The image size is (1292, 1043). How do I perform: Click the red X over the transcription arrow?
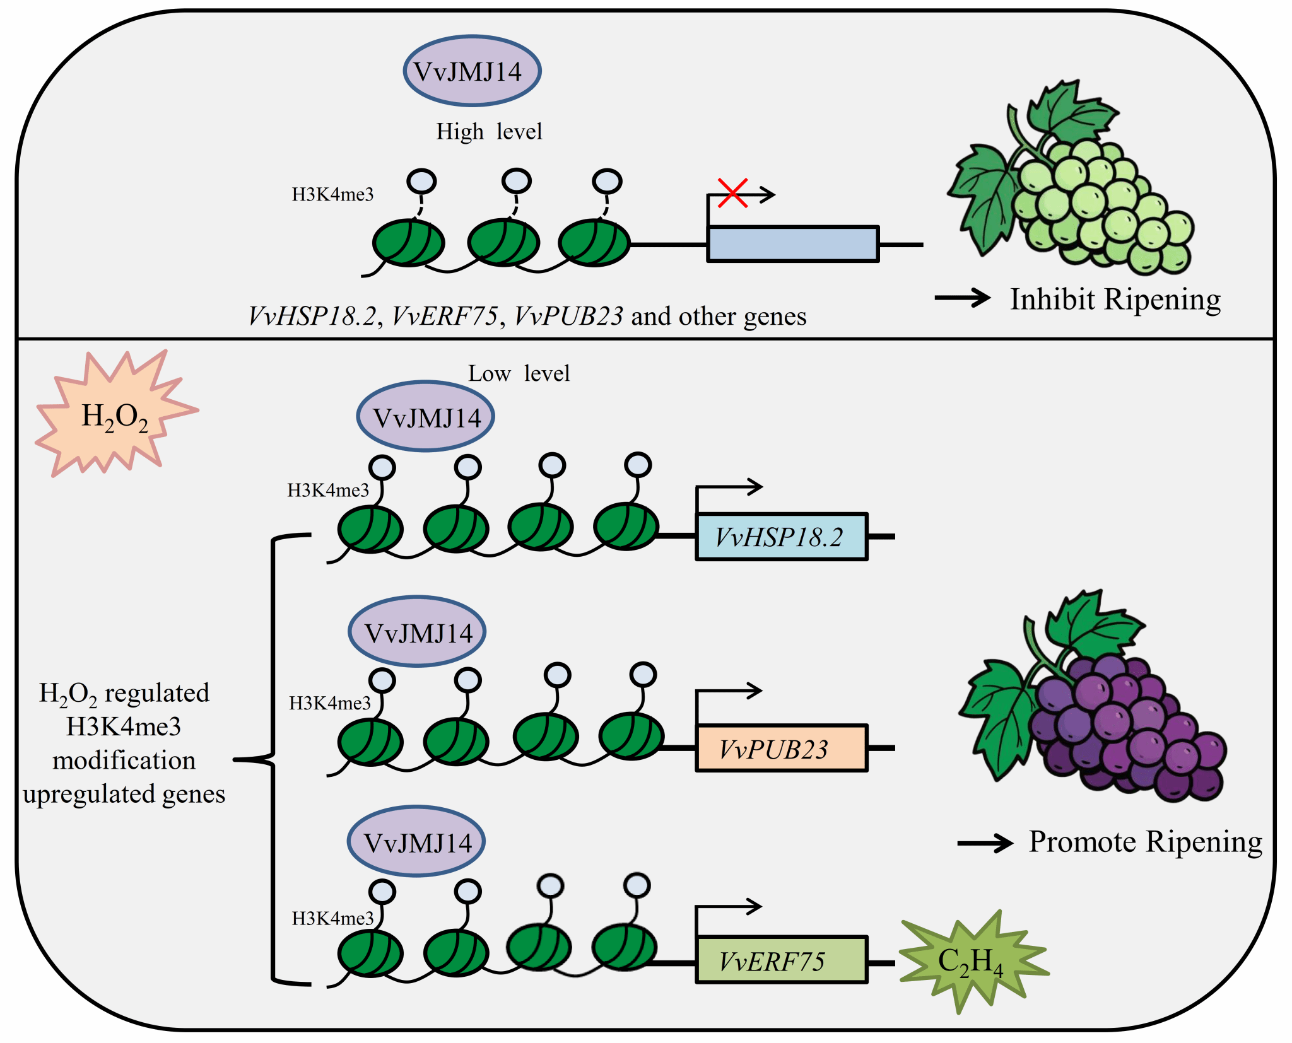[x=732, y=193]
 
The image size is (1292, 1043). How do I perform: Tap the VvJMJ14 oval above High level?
[x=472, y=71]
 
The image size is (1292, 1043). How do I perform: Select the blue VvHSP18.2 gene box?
[x=781, y=537]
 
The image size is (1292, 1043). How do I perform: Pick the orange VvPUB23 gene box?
[x=781, y=748]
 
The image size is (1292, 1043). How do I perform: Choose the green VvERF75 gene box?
[x=781, y=960]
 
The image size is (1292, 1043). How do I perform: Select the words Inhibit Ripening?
[x=1115, y=299]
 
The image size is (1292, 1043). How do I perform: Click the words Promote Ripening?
[x=1145, y=842]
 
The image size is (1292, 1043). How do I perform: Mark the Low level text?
[x=519, y=373]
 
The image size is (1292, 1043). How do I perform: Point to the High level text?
[x=489, y=131]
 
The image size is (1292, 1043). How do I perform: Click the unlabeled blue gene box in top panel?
[x=792, y=244]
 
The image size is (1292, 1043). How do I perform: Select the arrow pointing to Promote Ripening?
[x=985, y=842]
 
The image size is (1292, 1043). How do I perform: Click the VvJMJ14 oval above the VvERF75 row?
[x=416, y=841]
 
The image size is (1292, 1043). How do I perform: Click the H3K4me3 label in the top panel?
[x=332, y=194]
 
